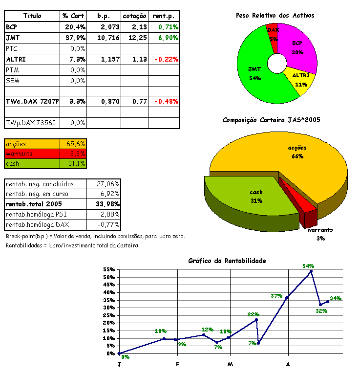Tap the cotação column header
(x=134, y=16)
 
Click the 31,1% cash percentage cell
(x=76, y=163)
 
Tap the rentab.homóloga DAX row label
(x=38, y=225)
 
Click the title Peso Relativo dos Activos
(x=275, y=16)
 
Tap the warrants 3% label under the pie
(x=320, y=234)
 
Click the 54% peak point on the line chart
(x=311, y=271)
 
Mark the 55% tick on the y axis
(x=109, y=269)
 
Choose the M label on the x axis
(x=230, y=364)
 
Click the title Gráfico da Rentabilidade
(x=227, y=261)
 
